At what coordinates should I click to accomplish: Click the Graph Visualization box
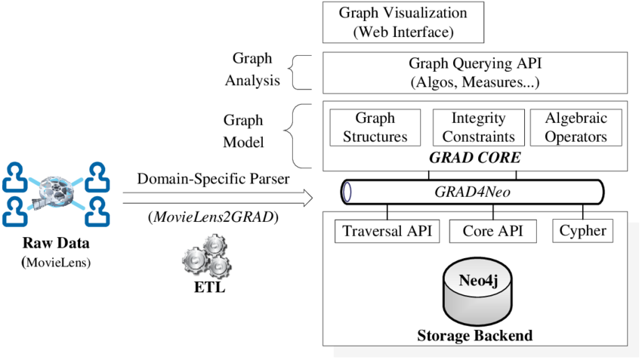pyautogui.click(x=403, y=23)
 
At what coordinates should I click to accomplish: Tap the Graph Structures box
pyautogui.click(x=375, y=128)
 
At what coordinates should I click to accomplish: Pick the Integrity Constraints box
pyautogui.click(x=478, y=128)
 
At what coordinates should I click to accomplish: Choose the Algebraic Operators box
pyautogui.click(x=576, y=128)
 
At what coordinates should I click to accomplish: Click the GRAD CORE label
pyautogui.click(x=474, y=158)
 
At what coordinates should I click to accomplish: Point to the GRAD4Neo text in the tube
pyautogui.click(x=473, y=192)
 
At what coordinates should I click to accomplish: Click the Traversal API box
pyautogui.click(x=387, y=231)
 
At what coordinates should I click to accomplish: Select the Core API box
pyautogui.click(x=492, y=231)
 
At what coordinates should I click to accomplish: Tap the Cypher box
pyautogui.click(x=582, y=231)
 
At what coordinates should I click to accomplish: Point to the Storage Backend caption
pyautogui.click(x=474, y=335)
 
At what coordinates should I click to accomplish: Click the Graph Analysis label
pyautogui.click(x=252, y=69)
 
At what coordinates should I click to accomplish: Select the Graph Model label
pyautogui.click(x=242, y=131)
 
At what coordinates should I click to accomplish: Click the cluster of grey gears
pyautogui.click(x=206, y=254)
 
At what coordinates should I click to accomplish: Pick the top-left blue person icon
pyautogui.click(x=14, y=175)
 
